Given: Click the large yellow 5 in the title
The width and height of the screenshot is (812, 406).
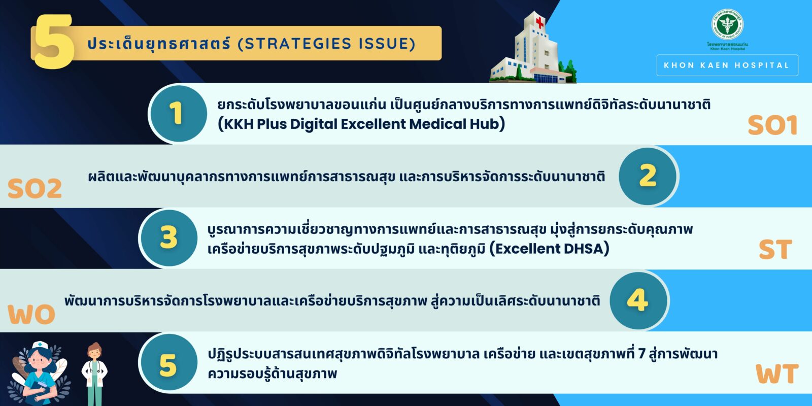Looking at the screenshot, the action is (x=54, y=42).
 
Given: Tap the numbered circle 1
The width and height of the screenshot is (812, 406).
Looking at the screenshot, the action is (x=178, y=114).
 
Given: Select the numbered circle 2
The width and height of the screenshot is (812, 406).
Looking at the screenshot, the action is (x=648, y=176).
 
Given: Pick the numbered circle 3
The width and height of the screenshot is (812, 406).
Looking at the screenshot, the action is (x=168, y=238).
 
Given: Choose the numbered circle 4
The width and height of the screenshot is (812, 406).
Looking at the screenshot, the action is (x=638, y=300).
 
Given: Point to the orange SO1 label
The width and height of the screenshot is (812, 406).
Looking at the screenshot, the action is (x=772, y=125).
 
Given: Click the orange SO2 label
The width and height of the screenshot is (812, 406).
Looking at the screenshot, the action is (x=35, y=188).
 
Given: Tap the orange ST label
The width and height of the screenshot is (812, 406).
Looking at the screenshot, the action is (x=775, y=249).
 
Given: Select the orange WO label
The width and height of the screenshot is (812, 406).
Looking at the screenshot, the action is (x=31, y=314).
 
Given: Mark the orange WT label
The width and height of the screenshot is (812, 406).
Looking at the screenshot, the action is (x=777, y=374).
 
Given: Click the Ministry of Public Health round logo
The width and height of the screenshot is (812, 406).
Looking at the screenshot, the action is (x=727, y=24).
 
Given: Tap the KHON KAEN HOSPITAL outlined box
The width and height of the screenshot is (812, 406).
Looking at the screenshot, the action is (x=727, y=65).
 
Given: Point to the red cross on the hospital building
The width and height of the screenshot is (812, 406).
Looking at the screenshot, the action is (x=540, y=23).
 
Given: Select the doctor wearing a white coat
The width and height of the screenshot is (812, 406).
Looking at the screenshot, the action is (x=94, y=374).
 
